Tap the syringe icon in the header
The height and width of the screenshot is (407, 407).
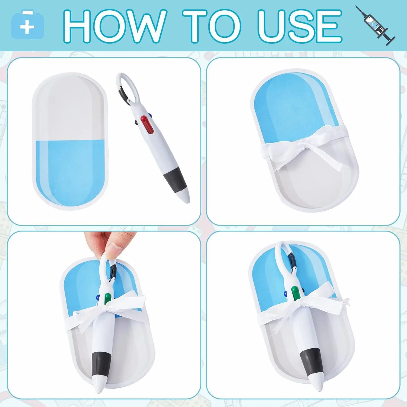point(376,26)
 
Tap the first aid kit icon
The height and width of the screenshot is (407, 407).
point(27,25)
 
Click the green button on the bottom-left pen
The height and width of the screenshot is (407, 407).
point(108,298)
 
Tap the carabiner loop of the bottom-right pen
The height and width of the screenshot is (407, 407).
point(284,254)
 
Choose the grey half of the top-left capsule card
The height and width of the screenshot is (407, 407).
point(71,109)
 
